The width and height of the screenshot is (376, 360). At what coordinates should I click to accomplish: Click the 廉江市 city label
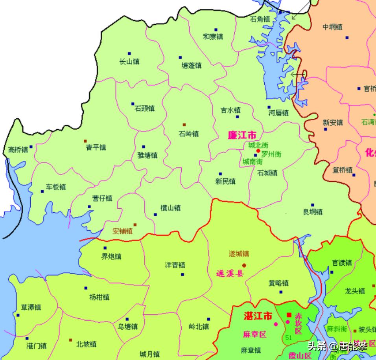242,135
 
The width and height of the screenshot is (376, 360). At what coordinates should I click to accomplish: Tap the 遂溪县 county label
230,274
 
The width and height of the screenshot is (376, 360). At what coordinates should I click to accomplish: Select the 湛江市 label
258,316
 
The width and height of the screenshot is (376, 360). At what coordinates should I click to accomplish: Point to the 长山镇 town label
129,62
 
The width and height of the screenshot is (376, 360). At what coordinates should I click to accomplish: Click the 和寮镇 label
213,36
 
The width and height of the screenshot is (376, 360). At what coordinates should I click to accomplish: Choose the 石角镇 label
260,19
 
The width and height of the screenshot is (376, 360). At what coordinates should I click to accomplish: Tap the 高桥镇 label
18,149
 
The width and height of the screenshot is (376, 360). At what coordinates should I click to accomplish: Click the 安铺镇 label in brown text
122,231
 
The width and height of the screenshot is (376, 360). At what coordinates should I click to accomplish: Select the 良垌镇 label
313,211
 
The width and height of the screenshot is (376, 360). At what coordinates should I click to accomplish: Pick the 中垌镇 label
332,27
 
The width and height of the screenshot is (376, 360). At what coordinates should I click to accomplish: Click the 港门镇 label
37,346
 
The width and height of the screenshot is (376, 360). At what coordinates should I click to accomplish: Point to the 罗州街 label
271,154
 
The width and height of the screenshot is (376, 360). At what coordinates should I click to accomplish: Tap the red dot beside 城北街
258,151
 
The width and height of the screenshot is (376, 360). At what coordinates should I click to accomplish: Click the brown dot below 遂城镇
244,265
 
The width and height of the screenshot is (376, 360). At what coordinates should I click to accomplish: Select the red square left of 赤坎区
289,315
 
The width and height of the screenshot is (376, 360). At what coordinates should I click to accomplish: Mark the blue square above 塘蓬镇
181,57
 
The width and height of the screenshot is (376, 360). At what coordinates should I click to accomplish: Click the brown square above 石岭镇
184,125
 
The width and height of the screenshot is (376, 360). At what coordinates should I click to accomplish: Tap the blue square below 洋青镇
182,274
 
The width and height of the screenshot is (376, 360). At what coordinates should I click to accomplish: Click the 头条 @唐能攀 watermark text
337,346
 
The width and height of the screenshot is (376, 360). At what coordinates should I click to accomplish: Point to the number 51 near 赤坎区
289,338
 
